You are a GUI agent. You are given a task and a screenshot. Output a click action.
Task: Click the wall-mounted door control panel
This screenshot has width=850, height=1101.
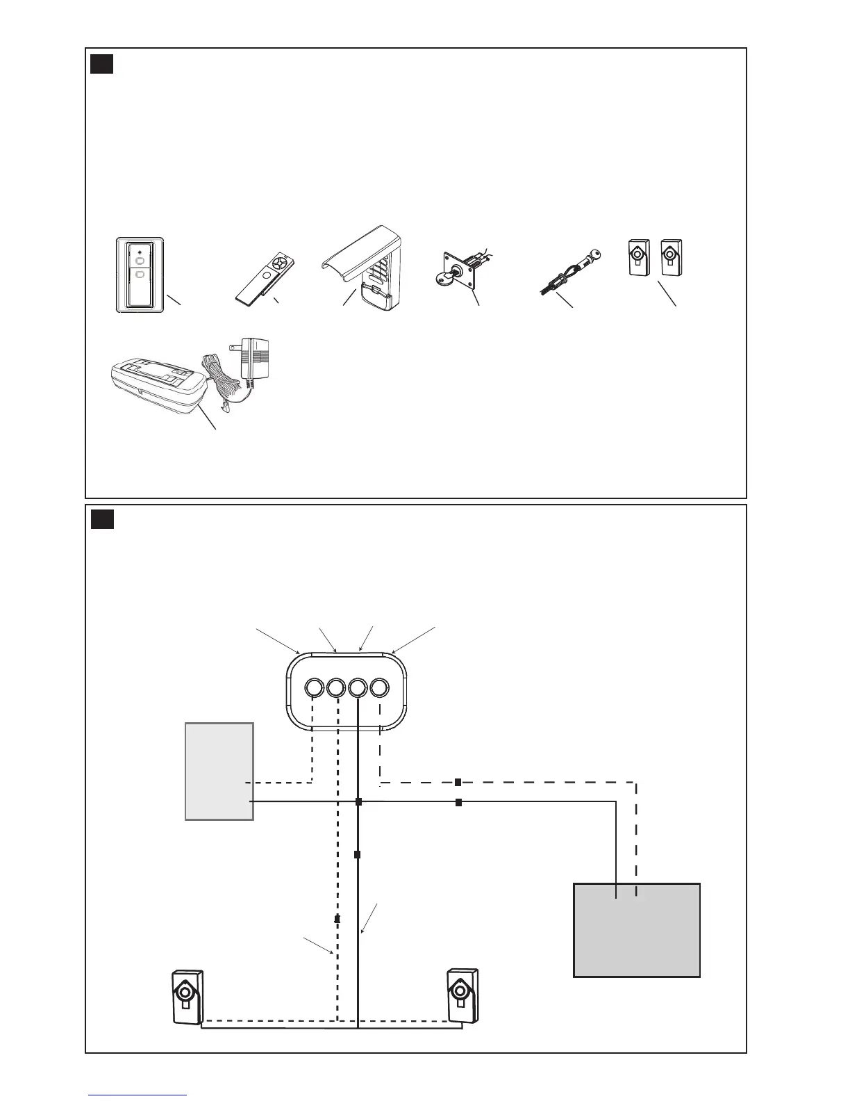(x=140, y=275)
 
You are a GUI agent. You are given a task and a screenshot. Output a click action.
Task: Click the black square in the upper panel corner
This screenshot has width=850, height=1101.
(x=102, y=64)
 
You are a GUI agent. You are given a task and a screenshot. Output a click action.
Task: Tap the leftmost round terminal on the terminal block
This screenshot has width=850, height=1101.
(x=313, y=688)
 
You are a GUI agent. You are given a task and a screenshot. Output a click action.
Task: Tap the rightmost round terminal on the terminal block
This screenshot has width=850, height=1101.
(x=379, y=688)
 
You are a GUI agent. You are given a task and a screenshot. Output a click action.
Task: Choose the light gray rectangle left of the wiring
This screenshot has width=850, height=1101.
(x=219, y=771)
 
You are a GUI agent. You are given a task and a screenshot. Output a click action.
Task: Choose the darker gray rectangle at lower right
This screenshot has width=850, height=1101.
(x=636, y=930)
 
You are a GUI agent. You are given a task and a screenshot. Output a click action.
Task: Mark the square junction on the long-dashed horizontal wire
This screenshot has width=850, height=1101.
(x=458, y=783)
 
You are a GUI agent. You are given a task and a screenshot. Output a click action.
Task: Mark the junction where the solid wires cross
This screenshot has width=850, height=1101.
(x=358, y=802)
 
